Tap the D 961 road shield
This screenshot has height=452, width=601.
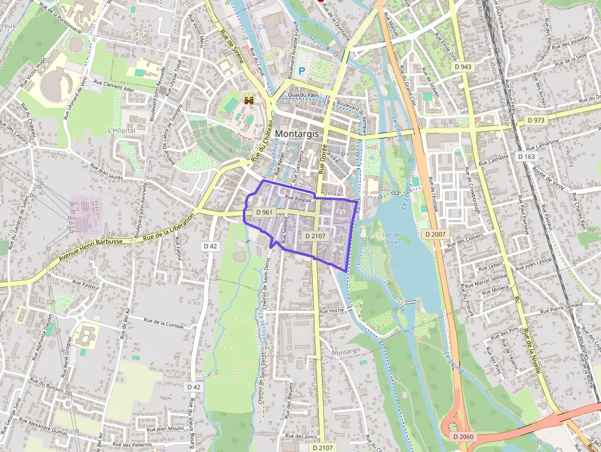[264, 212]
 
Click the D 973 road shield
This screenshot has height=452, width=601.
[536, 121]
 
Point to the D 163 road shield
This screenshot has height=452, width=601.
[527, 157]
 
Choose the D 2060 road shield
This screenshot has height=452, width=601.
[464, 436]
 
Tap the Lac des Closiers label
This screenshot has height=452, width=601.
[392, 238]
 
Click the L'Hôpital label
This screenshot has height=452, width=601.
[121, 131]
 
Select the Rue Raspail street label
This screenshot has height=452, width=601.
[299, 199]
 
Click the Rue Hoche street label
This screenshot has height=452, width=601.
[331, 311]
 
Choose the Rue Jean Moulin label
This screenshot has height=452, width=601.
[166, 430]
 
